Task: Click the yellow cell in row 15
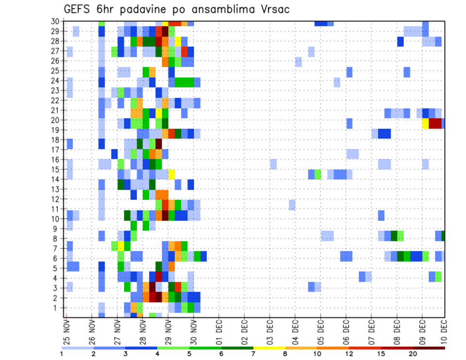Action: point(171,173)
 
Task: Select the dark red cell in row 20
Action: point(435,123)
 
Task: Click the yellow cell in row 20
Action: point(425,123)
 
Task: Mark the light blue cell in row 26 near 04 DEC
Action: point(298,62)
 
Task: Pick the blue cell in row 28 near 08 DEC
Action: point(400,42)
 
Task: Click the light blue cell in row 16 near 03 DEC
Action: point(273,164)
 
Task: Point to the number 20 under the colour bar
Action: point(413,354)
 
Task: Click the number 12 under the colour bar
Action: point(349,354)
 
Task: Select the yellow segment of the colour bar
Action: point(269,347)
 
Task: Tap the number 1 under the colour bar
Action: point(62,354)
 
